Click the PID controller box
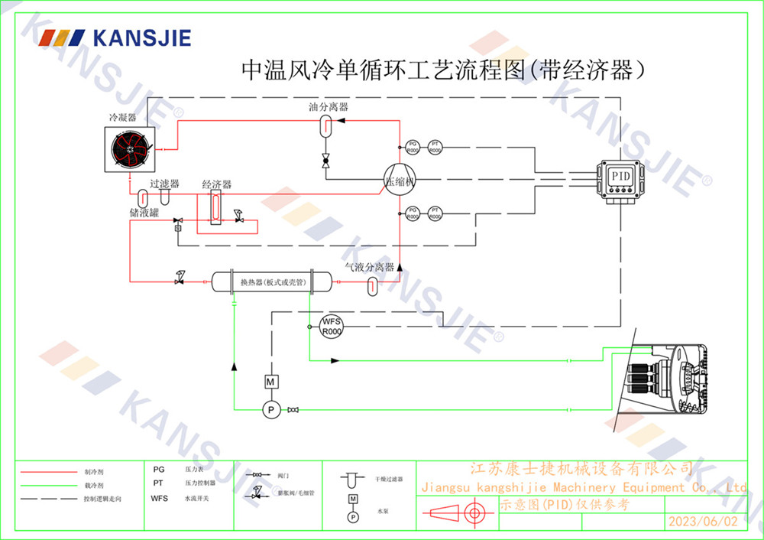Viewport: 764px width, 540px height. tap(620, 181)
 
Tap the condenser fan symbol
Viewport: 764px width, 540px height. tap(129, 150)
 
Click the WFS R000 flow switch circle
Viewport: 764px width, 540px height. tap(332, 326)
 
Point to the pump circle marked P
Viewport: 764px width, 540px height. tap(269, 411)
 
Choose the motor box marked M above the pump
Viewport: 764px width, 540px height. tap(269, 381)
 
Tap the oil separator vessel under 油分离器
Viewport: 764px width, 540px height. tap(325, 125)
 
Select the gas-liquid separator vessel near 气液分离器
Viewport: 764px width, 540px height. tap(372, 285)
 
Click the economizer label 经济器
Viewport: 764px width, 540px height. tap(216, 185)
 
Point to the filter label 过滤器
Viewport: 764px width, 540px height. tap(164, 184)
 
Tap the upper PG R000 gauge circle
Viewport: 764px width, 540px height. tap(413, 147)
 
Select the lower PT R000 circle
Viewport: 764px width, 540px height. tap(435, 213)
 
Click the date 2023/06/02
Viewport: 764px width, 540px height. tap(703, 522)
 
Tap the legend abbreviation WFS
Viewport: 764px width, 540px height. tap(159, 498)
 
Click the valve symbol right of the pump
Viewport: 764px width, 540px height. tap(293, 412)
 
